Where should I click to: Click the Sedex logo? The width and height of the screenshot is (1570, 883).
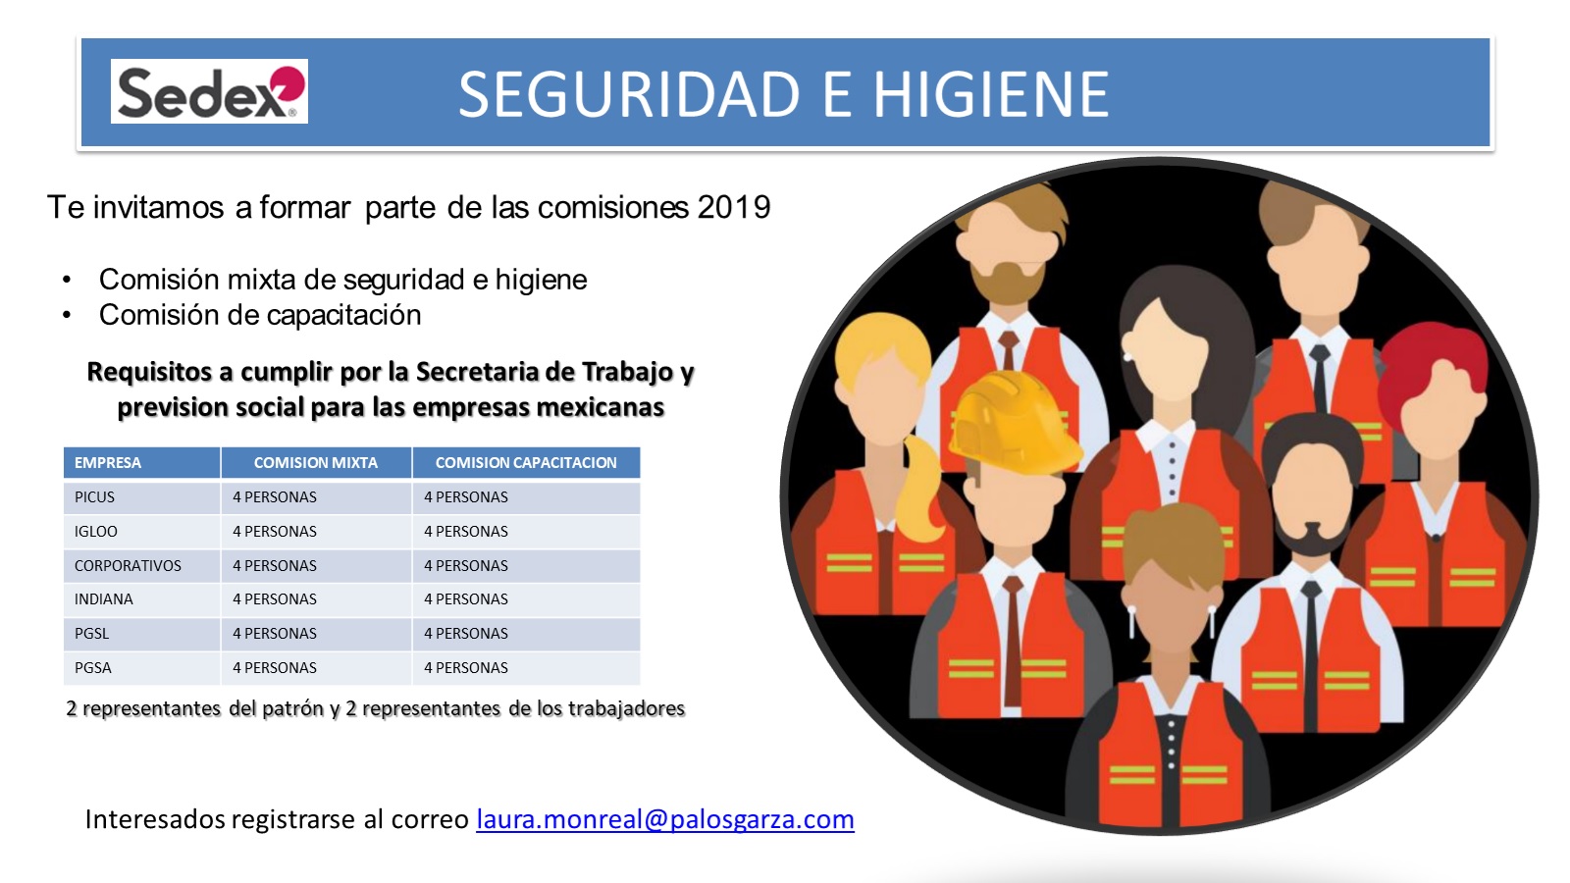209,91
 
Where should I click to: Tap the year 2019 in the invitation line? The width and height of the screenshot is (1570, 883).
734,207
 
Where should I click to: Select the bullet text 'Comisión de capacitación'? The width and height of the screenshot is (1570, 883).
260,315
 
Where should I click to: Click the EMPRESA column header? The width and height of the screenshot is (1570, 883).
108,462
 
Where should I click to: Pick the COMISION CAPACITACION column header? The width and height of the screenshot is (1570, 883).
526,462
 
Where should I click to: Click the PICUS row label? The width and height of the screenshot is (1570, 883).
94,496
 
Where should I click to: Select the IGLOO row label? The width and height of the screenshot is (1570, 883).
96,531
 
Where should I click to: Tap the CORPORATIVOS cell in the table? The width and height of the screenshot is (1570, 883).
128,565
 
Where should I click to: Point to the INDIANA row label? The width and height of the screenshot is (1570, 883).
104,599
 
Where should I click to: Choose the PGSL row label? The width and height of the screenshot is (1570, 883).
92,634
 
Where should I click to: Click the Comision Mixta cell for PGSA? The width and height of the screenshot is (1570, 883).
275,668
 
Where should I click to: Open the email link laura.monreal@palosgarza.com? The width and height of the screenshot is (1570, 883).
665,819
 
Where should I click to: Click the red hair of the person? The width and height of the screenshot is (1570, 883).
1434,372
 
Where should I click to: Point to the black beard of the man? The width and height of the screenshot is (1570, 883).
1312,540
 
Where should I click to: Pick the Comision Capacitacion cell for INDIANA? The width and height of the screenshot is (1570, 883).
466,599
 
